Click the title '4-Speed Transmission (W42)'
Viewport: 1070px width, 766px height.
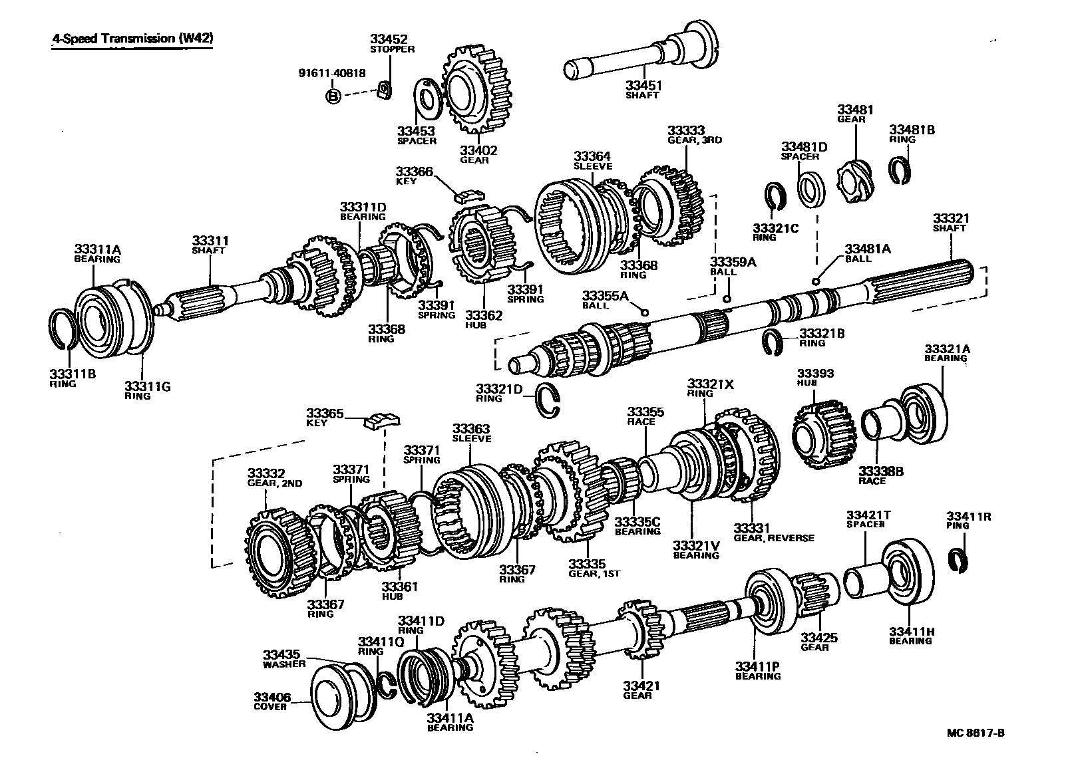coord(133,39)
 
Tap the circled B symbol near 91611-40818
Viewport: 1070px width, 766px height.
coord(333,97)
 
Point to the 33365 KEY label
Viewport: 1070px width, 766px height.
coord(325,417)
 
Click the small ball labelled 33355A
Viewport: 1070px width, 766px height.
coord(643,312)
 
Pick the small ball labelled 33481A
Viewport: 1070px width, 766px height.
coord(816,281)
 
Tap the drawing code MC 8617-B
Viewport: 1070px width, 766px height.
coord(976,733)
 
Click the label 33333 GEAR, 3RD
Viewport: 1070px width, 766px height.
coord(694,135)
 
